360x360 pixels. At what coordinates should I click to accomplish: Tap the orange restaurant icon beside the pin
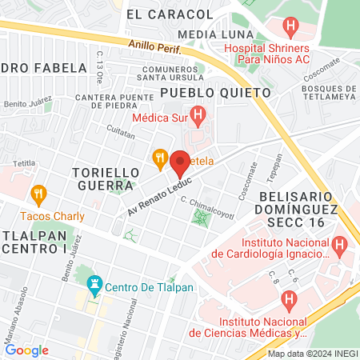pos(160,158)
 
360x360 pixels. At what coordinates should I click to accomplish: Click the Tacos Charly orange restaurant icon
pos(37,194)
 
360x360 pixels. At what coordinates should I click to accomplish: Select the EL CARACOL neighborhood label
pos(170,14)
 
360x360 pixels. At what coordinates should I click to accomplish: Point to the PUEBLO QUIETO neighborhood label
pos(215,93)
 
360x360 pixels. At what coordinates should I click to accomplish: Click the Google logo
pos(26,350)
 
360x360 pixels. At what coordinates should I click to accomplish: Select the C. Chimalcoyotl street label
pos(206,206)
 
